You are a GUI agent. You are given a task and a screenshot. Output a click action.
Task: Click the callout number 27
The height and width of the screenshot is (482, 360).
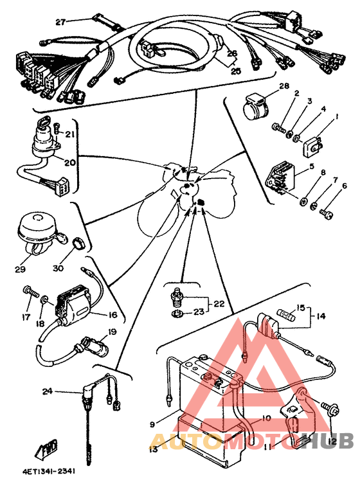(60, 22)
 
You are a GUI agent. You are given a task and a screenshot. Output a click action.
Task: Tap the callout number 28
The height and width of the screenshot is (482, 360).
(284, 85)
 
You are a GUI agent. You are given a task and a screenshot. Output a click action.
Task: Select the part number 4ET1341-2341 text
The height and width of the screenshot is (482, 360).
(49, 471)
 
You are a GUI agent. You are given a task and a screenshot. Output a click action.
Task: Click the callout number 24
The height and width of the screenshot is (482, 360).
(48, 391)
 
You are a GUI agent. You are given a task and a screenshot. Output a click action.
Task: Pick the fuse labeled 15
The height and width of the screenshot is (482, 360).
(287, 314)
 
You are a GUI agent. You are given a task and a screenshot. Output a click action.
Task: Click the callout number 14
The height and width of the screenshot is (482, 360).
(321, 316)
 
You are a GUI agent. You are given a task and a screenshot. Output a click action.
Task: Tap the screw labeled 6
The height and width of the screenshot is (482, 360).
(326, 213)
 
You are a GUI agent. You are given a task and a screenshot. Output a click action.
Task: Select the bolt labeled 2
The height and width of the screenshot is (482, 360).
(279, 127)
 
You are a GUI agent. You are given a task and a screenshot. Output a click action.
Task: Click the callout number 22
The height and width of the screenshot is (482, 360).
(219, 304)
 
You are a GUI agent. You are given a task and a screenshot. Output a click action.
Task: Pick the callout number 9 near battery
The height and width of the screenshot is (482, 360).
(152, 425)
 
